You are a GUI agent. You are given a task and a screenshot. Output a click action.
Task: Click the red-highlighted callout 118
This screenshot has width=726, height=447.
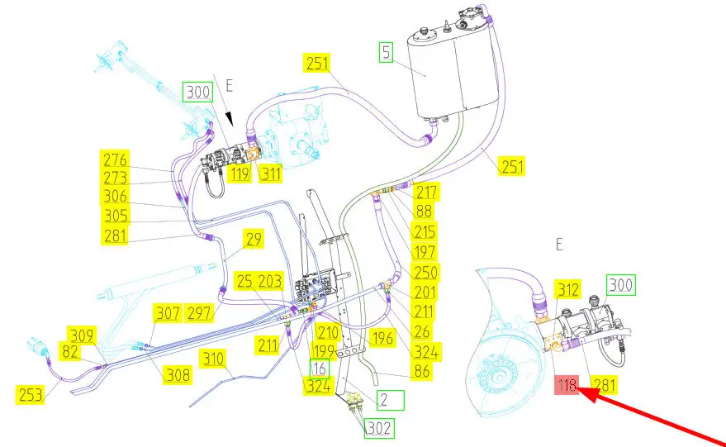[x=567, y=385]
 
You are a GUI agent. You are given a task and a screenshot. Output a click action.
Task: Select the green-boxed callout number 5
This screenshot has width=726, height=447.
[x=387, y=53]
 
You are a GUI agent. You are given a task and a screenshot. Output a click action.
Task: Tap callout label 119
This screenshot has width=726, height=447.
[x=240, y=174]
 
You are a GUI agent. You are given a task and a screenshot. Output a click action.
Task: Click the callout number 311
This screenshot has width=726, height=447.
[x=270, y=174]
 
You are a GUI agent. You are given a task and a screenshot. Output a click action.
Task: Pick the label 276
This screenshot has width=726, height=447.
[x=115, y=158]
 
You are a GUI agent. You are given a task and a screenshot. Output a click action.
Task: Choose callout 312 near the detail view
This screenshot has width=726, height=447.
[x=568, y=288]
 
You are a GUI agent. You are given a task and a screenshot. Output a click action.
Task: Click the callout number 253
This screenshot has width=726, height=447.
[x=31, y=393]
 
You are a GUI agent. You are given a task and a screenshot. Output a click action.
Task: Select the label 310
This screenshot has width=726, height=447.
[x=214, y=359]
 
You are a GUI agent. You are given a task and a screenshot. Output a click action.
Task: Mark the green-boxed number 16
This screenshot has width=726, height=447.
[x=320, y=369]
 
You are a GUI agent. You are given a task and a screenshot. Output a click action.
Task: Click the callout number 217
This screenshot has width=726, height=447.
[x=427, y=192]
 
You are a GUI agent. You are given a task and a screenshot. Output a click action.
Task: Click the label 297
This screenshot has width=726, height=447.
[x=199, y=312]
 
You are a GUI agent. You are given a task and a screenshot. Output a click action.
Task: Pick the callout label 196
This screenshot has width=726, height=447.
[x=382, y=337]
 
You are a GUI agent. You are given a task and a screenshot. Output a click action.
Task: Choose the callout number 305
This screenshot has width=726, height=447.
[x=115, y=216]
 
